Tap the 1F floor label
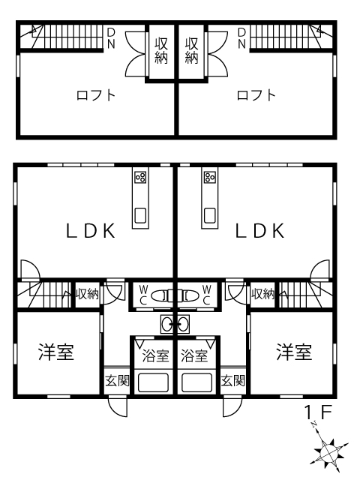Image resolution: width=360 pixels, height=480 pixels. click(318, 412)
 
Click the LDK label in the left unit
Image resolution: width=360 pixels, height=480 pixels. click(91, 231)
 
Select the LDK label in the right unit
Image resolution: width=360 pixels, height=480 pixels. click(260, 231)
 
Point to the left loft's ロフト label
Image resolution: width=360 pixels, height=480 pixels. click(96, 95)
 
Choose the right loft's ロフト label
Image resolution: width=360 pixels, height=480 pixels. click(256, 95)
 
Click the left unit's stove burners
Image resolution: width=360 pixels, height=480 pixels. click(140, 177)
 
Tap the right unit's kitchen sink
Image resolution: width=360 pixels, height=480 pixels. click(210, 215)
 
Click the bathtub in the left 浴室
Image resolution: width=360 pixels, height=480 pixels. click(153, 382)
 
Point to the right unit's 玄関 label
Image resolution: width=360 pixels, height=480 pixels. click(233, 380)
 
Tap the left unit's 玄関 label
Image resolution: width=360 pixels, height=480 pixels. click(118, 380)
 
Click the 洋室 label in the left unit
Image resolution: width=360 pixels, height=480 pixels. click(56, 352)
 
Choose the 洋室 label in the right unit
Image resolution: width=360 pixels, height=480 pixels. click(294, 352)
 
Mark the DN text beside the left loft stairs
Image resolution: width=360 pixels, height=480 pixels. click(111, 38)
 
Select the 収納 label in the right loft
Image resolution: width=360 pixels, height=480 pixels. click(192, 50)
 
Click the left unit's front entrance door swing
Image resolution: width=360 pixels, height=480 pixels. click(118, 406)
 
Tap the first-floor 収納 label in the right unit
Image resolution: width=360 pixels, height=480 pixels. click(263, 294)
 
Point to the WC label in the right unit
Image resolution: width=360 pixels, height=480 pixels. click(207, 295)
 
